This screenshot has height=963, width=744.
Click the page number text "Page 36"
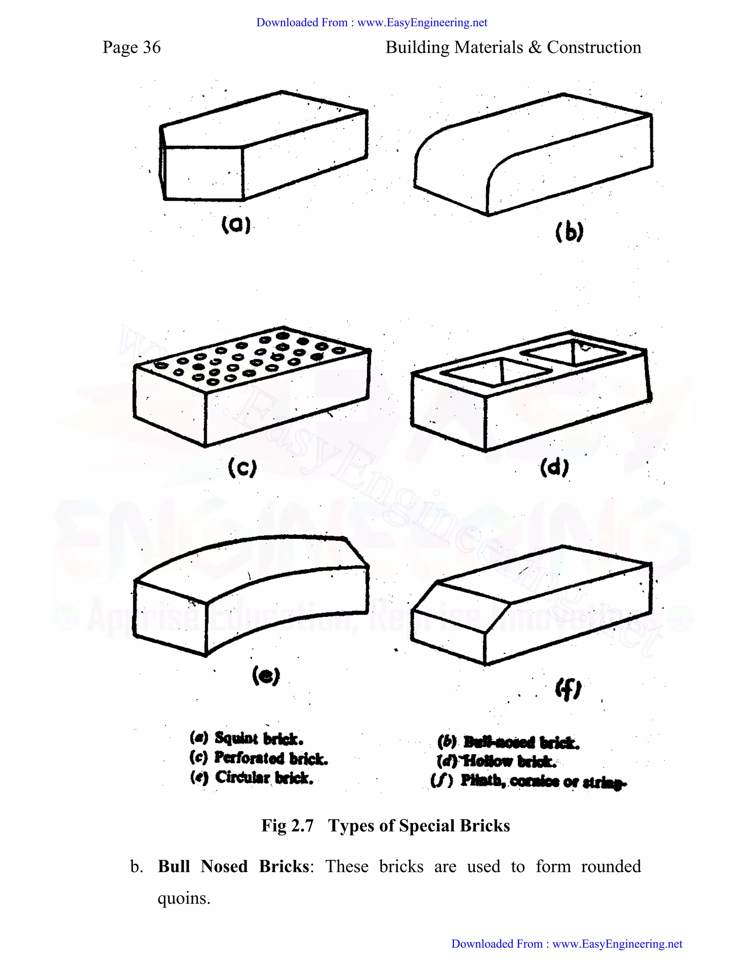point(132,48)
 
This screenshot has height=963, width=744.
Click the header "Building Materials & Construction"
point(513,48)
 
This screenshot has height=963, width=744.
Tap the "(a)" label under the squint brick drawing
point(236,225)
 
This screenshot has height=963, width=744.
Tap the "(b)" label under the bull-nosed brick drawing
point(569,232)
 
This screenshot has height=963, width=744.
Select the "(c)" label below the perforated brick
point(242,468)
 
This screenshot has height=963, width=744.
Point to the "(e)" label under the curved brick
point(266,676)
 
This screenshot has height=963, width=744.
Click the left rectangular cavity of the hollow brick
point(494,371)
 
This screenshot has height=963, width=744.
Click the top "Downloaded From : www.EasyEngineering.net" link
point(372,23)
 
